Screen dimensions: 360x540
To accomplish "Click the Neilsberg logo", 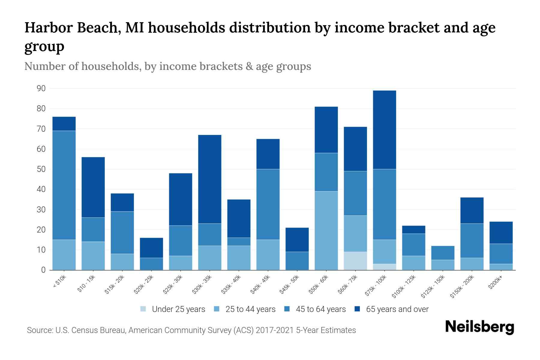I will (x=479, y=327).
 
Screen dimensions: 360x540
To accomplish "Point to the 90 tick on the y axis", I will (x=41, y=88).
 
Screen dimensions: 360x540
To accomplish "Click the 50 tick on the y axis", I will (x=41, y=169).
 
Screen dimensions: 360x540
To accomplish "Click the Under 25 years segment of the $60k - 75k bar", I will (x=355, y=261).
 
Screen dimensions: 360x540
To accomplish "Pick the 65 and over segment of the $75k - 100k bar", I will (x=384, y=130).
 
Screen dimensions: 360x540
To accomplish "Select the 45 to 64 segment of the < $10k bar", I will (x=64, y=185).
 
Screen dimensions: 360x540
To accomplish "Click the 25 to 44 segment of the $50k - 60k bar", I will (x=326, y=230).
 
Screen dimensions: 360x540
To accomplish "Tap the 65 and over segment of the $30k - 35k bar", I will (x=210, y=179).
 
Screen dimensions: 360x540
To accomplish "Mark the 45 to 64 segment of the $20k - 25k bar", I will (x=151, y=264).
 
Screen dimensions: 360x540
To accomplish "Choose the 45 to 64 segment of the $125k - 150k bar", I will (x=442, y=253).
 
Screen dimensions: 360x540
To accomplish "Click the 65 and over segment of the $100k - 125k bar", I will (x=413, y=229).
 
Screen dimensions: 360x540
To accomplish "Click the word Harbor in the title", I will (x=49, y=28).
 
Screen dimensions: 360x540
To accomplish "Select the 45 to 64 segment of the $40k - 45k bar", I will (x=268, y=204).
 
